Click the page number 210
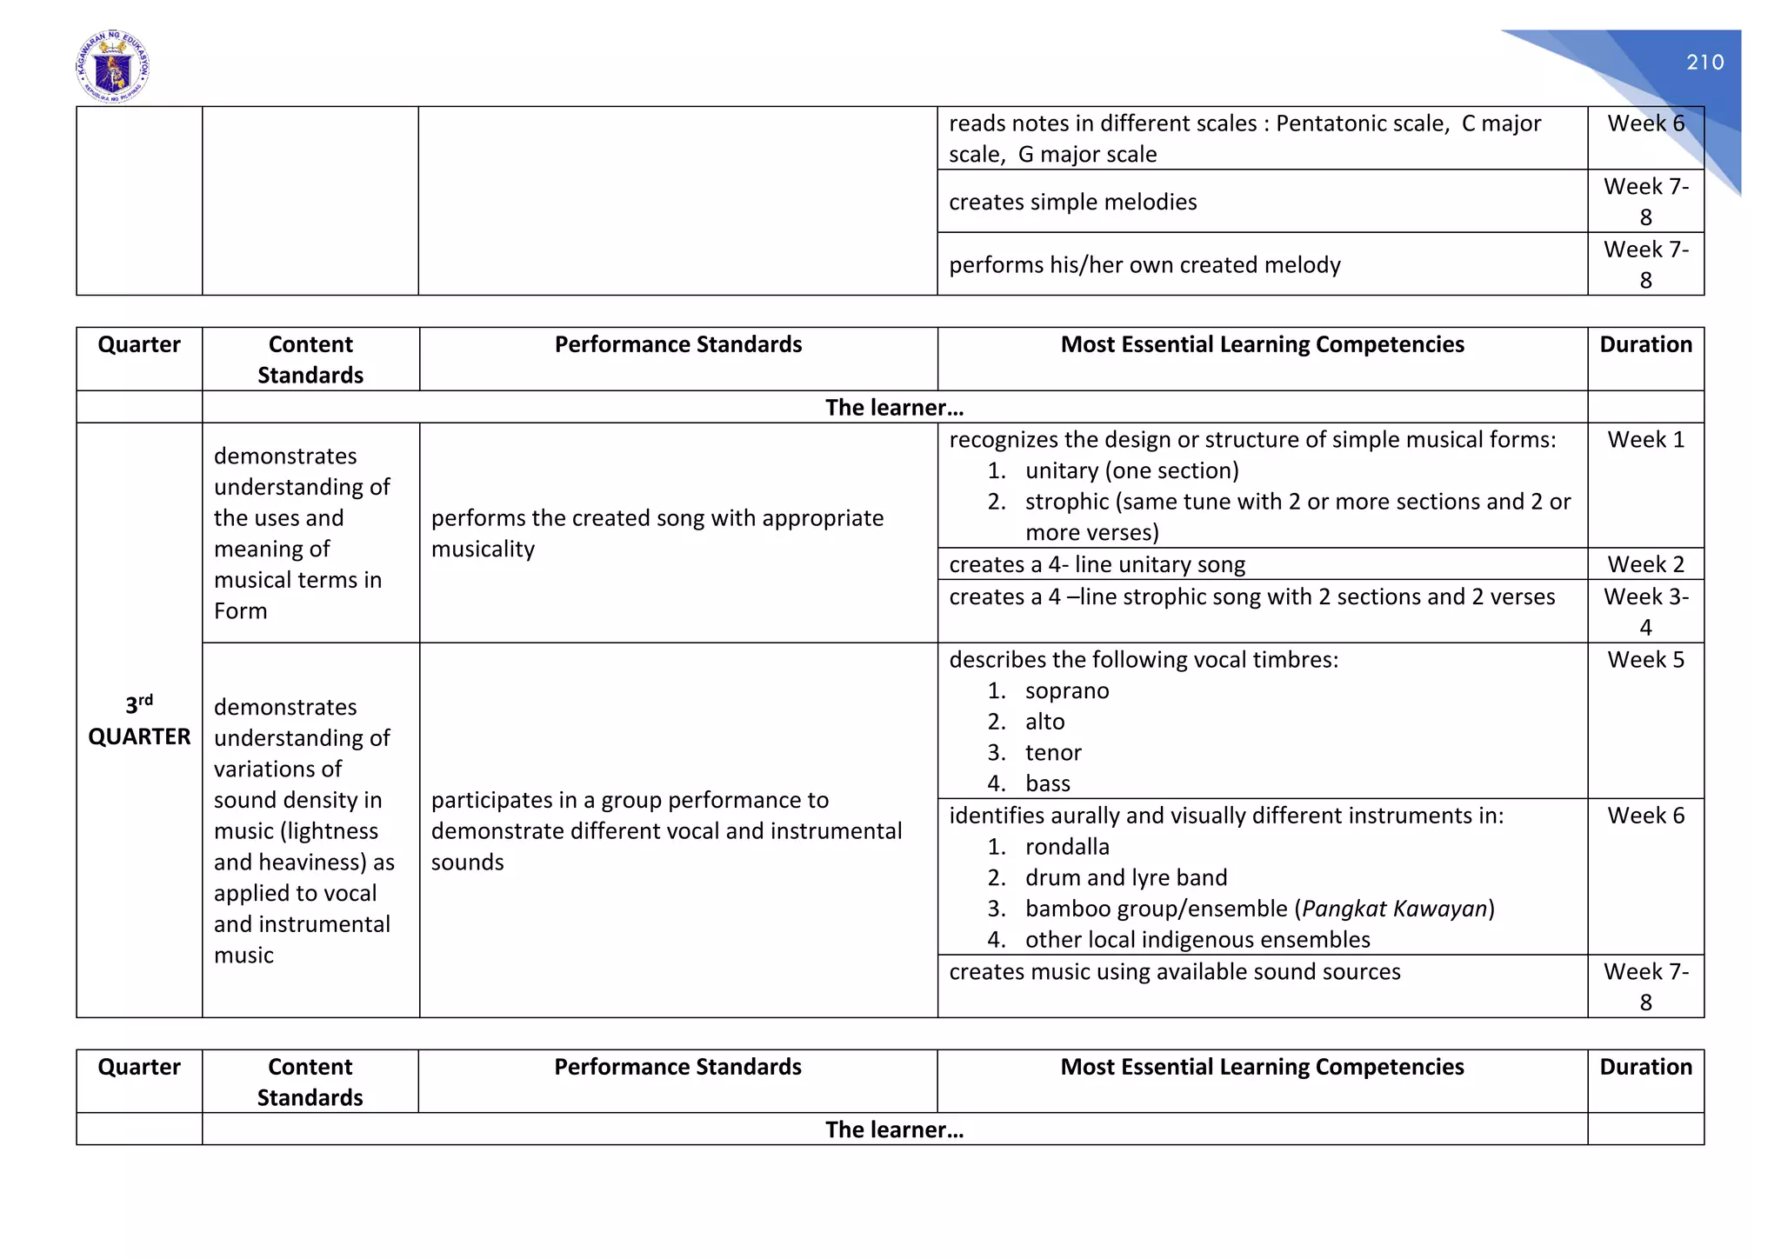[1704, 63]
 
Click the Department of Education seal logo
[113, 67]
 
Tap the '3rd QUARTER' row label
[139, 721]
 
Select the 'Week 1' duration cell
[1645, 440]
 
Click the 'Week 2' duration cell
[1645, 564]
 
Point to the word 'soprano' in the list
[1067, 691]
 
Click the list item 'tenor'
[1053, 753]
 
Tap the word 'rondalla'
[1067, 847]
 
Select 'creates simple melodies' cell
[1072, 202]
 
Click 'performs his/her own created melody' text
[1144, 264]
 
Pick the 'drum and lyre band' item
[1126, 878]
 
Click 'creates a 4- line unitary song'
[1097, 565]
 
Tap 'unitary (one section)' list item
[1131, 471]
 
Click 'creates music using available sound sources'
[1174, 972]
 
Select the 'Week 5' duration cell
[1645, 660]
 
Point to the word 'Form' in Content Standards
[241, 611]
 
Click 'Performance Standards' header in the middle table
[678, 345]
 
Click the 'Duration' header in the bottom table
[1645, 1067]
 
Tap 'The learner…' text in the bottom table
[894, 1129]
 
